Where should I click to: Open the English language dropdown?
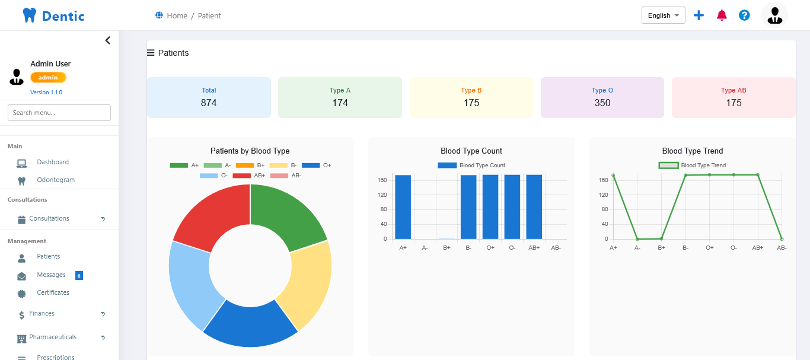[x=663, y=15]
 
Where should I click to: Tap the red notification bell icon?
[x=722, y=15]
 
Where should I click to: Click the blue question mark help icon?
[x=744, y=15]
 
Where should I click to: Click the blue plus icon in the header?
[x=699, y=15]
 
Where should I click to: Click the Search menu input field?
[x=59, y=113]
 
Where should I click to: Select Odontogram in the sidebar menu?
[x=56, y=180]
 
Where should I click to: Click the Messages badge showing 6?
[x=79, y=275]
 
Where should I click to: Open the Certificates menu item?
[x=53, y=292]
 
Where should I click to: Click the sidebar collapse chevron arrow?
[x=107, y=40]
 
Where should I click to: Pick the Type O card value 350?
[x=602, y=103]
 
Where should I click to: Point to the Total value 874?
[x=209, y=103]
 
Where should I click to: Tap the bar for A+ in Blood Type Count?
[x=403, y=207]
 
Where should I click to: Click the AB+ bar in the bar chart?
[x=534, y=207]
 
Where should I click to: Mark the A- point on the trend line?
[x=637, y=239]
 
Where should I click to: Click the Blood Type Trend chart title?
[x=692, y=151]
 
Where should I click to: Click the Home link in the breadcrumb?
[x=177, y=16]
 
